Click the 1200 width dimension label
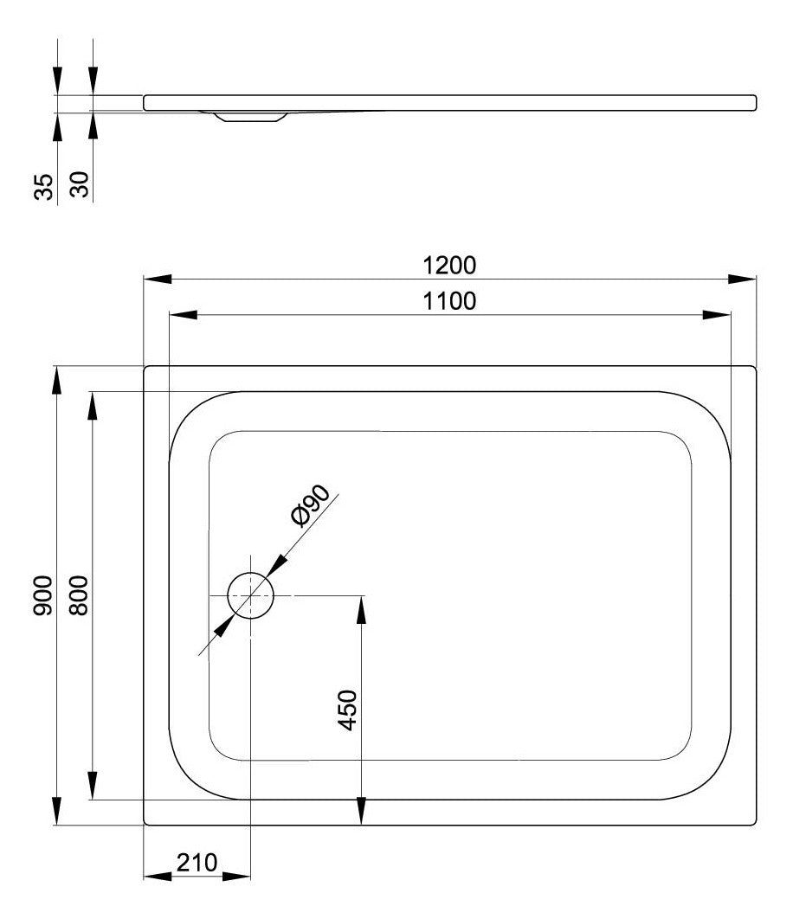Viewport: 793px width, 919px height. [449, 266]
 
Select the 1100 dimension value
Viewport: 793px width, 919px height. [449, 301]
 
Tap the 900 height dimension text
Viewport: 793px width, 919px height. [42, 595]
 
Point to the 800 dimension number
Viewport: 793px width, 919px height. [78, 595]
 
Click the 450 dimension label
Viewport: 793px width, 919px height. [348, 710]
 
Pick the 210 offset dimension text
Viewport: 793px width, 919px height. [197, 862]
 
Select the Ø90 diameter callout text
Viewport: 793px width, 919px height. [310, 506]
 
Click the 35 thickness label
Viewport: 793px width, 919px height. [43, 186]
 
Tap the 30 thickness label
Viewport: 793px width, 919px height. [79, 184]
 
